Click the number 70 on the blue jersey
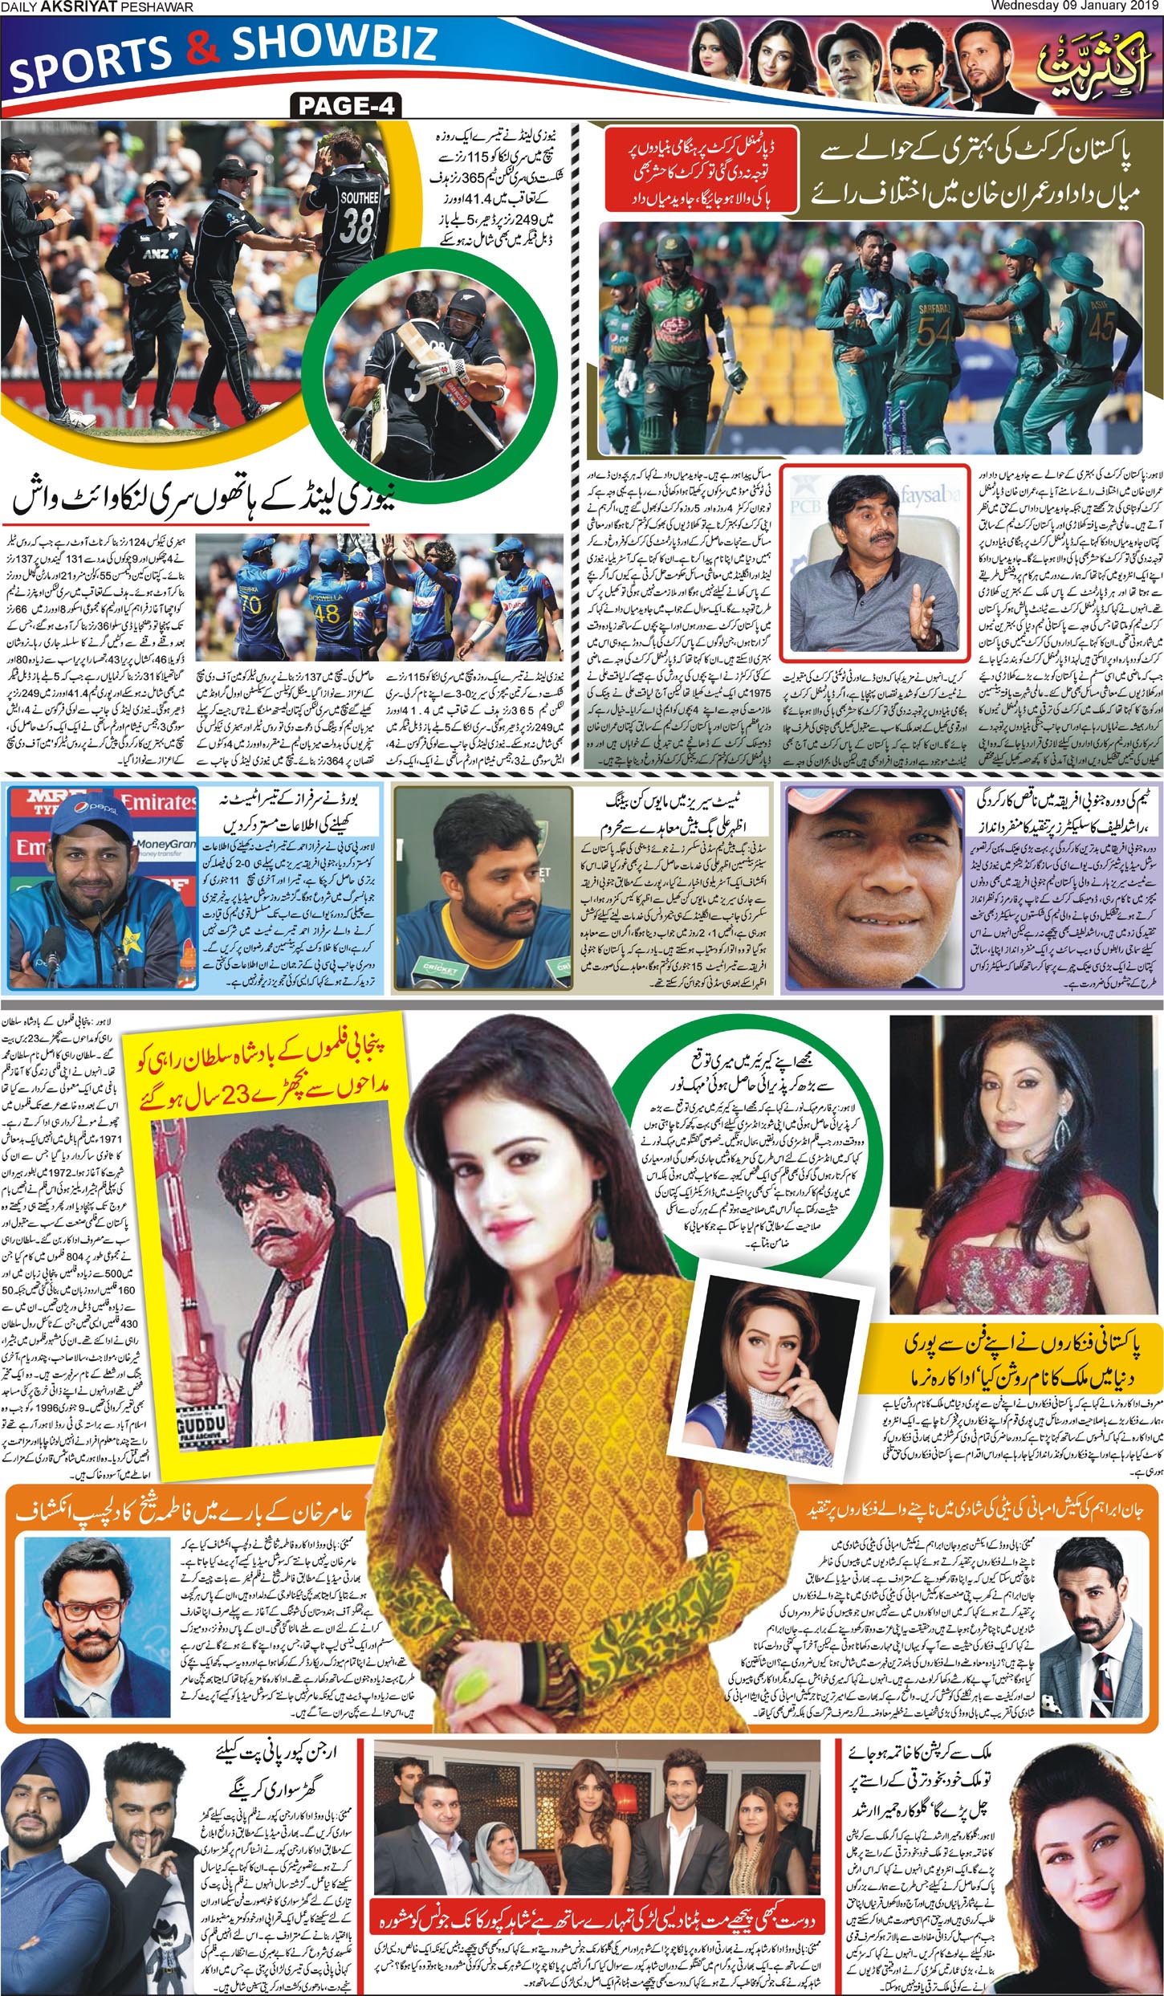tap(251, 604)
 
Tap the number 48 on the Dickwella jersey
tap(327, 614)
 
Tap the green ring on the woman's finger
tap(466, 1685)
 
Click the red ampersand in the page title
tap(201, 50)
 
